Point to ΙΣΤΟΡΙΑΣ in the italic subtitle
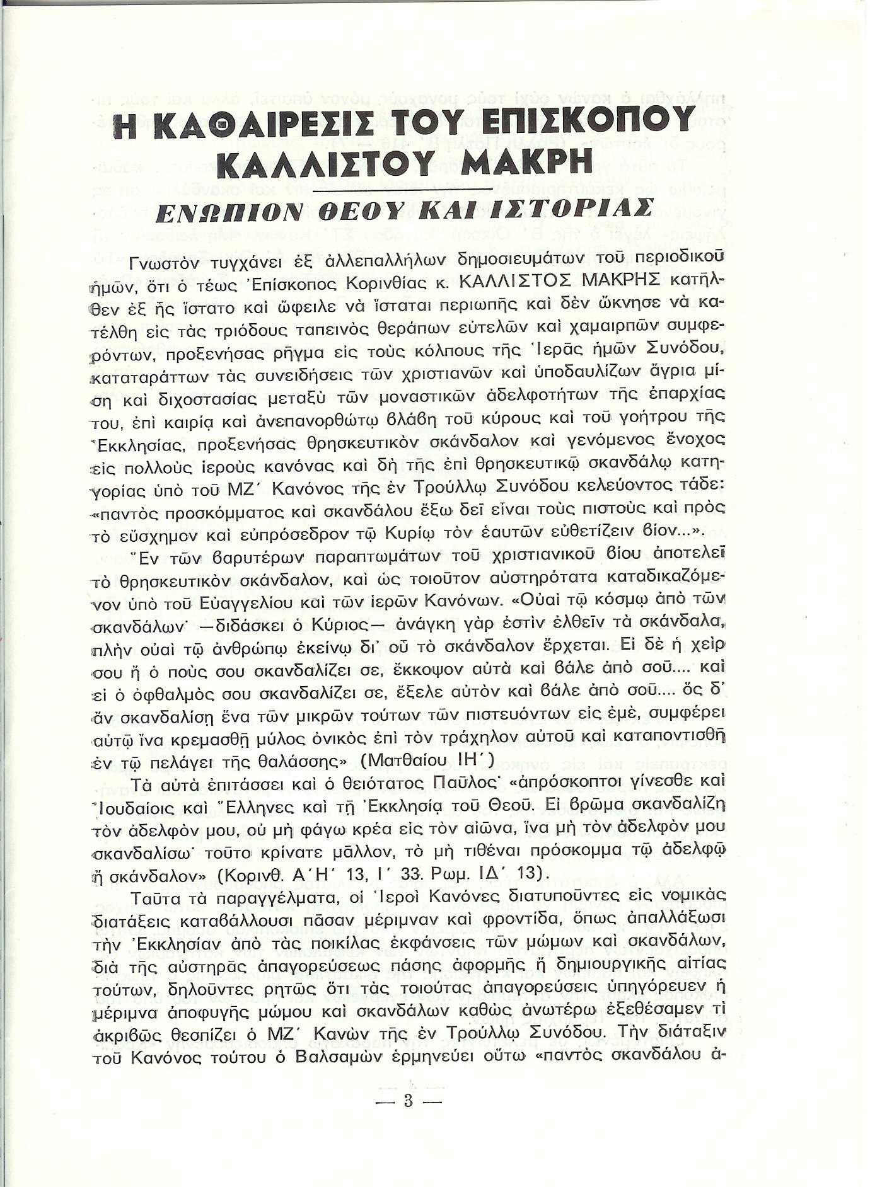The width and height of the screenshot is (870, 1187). pos(579,208)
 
